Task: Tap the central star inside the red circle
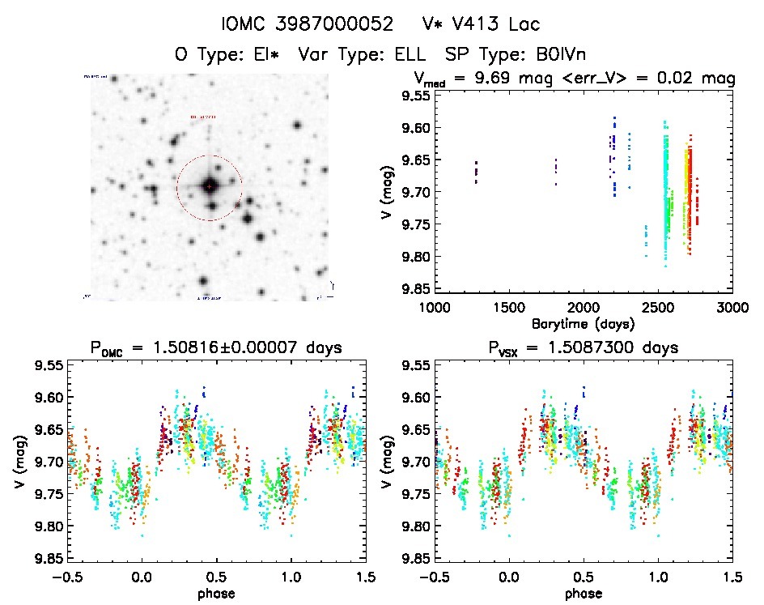[210, 186]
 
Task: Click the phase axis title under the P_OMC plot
[216, 592]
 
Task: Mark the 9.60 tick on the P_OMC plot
[47, 397]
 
